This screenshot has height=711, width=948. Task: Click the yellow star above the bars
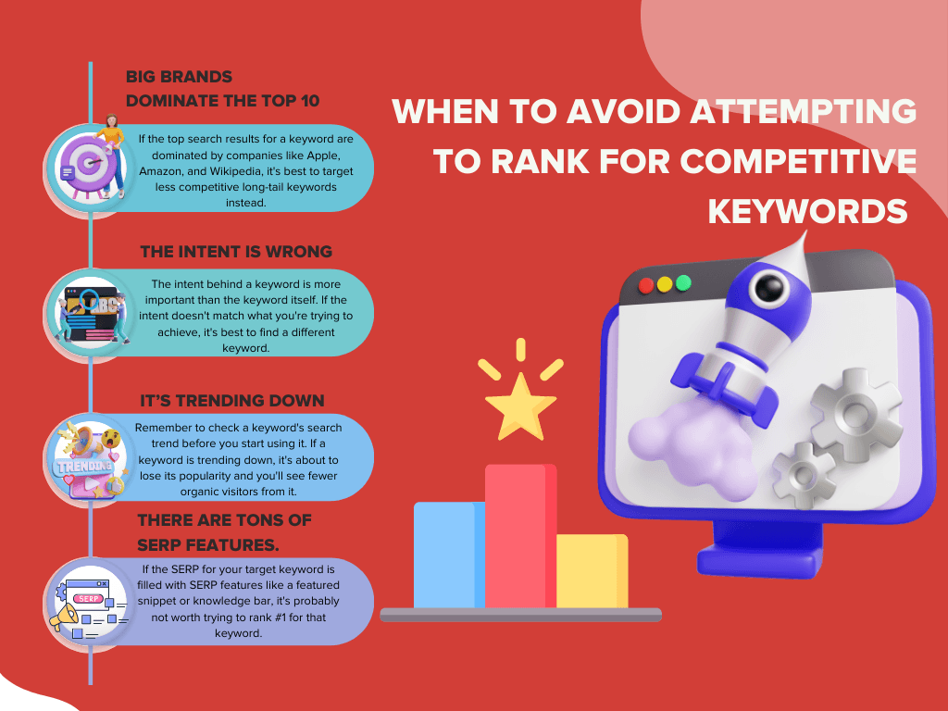pos(520,406)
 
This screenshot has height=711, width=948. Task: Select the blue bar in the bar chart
pos(449,555)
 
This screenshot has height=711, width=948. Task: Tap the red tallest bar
pos(520,536)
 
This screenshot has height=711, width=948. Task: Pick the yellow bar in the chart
pos(592,570)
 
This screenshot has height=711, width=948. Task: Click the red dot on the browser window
pos(645,285)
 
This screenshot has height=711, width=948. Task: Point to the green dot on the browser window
pos(683,282)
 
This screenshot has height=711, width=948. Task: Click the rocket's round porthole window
pos(769,287)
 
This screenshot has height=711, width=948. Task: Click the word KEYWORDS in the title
pos(807,212)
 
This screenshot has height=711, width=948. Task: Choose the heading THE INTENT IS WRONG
pos(236,252)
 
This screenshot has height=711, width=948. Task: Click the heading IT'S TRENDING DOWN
pos(232,400)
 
